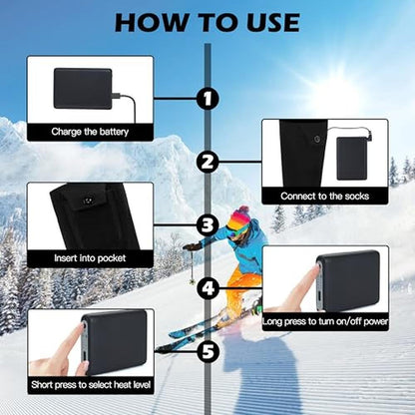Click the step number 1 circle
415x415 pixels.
207,99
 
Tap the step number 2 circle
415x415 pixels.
207,162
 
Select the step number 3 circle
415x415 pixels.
207,225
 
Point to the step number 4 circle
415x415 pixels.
208,288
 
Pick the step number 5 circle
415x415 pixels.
208,351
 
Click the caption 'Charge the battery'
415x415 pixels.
90,132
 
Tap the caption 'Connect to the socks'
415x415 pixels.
325,197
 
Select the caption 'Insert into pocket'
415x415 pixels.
90,258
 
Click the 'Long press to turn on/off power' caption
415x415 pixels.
325,321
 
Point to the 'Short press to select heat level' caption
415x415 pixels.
91,385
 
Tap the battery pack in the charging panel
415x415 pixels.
83,89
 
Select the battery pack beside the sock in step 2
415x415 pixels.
351,159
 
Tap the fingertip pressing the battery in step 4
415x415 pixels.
316,271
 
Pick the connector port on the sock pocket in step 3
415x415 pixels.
88,201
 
